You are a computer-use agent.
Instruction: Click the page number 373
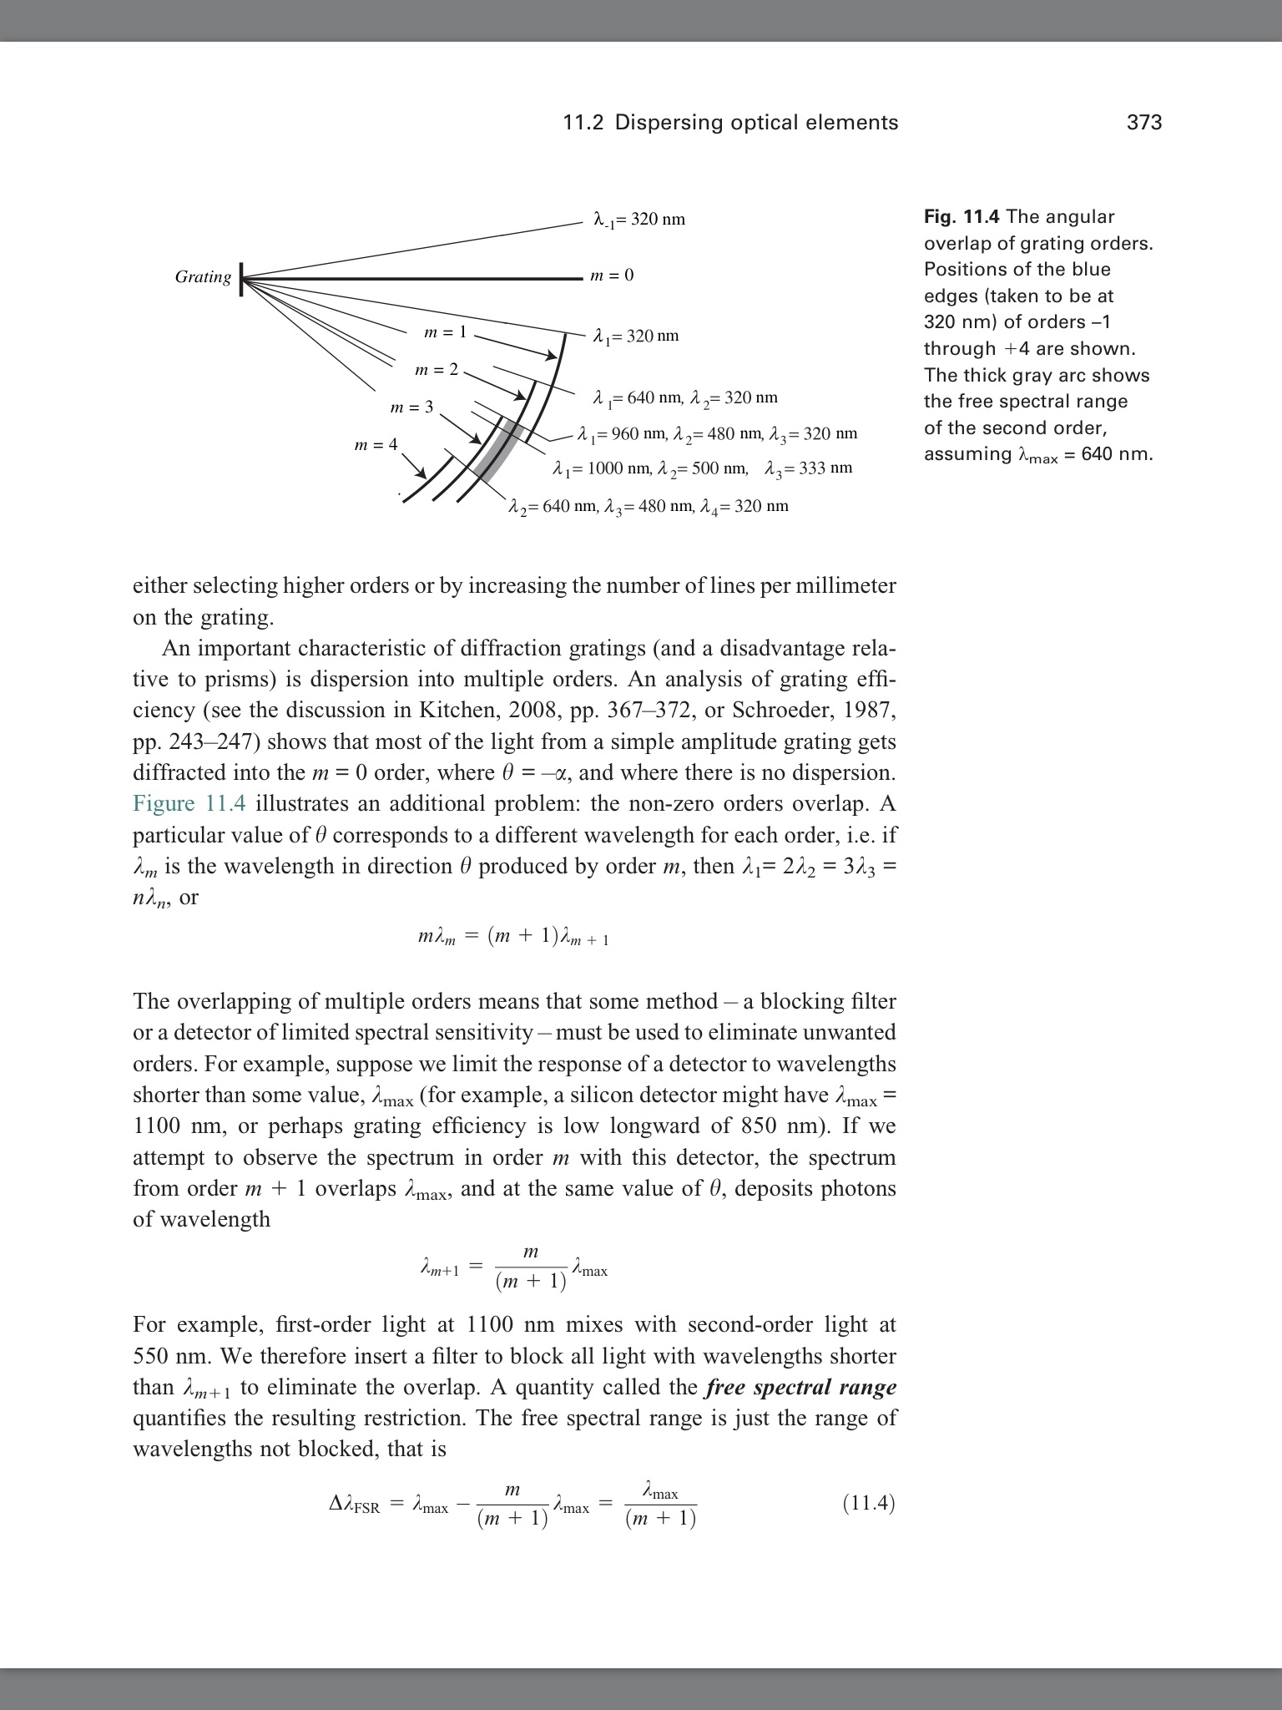pos(1143,123)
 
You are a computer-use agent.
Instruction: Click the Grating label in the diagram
pos(203,277)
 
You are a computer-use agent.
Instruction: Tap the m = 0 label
pos(612,276)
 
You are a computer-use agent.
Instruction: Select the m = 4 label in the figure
pos(376,445)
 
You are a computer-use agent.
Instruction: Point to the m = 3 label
pos(411,407)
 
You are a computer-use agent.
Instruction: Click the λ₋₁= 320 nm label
pos(638,220)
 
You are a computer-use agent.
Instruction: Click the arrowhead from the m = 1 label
pos(550,357)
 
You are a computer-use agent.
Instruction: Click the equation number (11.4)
pos(868,1504)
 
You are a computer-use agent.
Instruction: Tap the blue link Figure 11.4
pos(189,804)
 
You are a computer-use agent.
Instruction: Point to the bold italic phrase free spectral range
pos(800,1388)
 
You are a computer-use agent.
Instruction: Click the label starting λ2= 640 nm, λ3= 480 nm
pos(649,507)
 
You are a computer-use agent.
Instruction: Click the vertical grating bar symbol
pos(241,278)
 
